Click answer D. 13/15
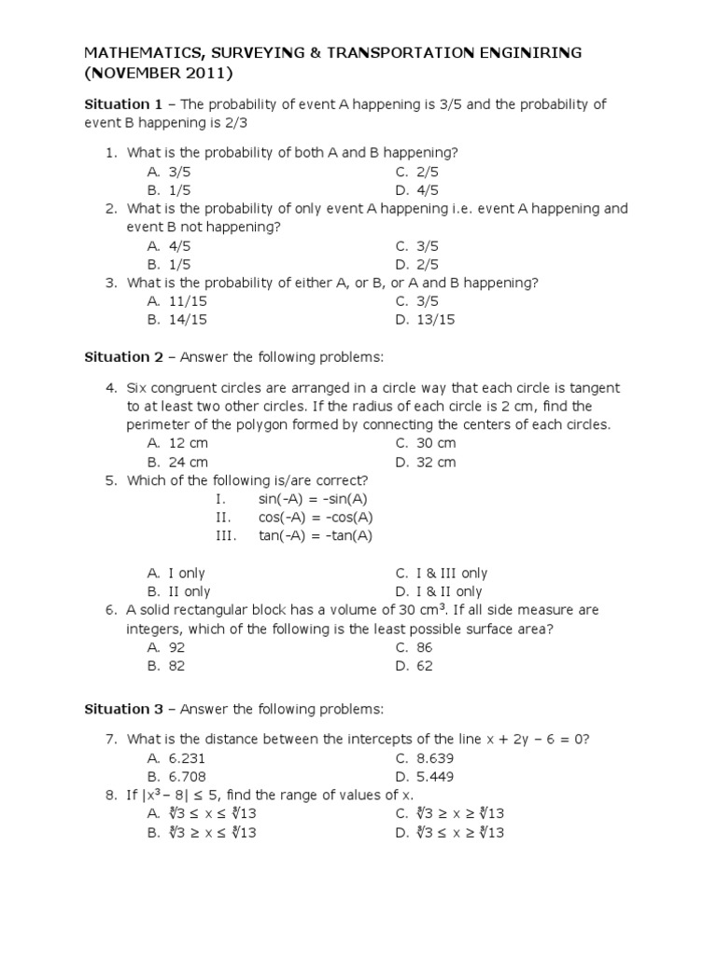(425, 320)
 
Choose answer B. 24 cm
(176, 462)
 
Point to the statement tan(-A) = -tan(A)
(315, 535)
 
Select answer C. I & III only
(441, 574)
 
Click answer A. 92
(166, 647)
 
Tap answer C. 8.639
(425, 758)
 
